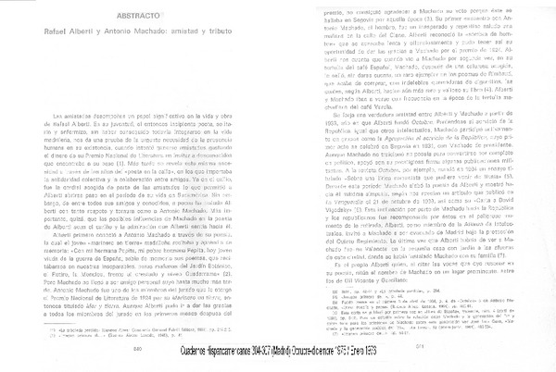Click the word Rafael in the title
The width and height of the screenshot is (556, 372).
point(55,38)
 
